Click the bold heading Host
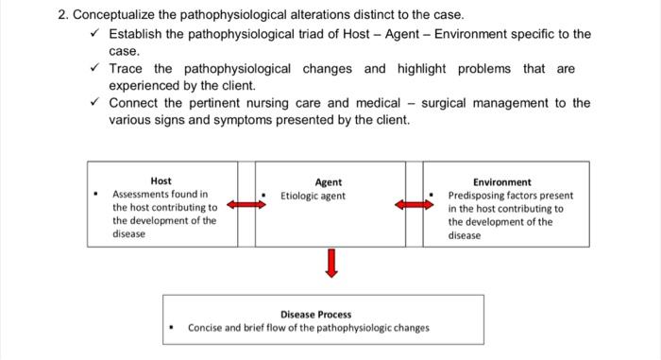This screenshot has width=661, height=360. click(x=161, y=180)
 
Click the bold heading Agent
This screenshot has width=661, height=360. click(x=329, y=182)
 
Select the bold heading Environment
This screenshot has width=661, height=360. click(x=501, y=182)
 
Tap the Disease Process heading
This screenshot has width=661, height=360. click(x=315, y=315)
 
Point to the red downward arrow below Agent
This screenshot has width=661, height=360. click(x=330, y=264)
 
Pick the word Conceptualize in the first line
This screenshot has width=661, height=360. click(x=119, y=16)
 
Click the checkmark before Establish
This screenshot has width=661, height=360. click(x=93, y=34)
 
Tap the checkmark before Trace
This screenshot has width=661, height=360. click(x=93, y=69)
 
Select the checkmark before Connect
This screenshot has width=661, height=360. click(x=93, y=103)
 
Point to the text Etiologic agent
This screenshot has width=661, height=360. click(x=313, y=197)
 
